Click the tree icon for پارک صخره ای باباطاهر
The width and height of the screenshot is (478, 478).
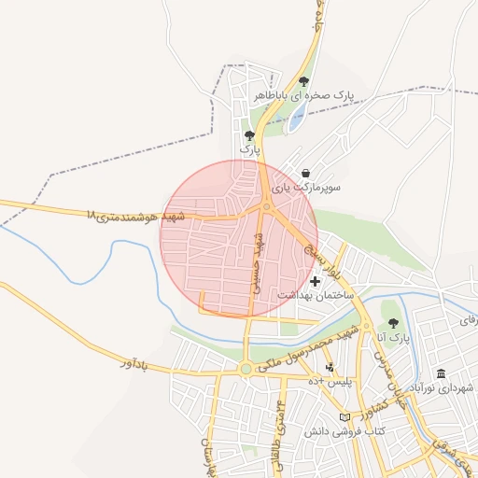point(303,81)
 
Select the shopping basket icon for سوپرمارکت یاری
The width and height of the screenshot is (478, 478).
point(306,173)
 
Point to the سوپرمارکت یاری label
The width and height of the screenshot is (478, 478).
point(306,188)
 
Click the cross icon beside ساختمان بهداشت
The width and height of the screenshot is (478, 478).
point(315,280)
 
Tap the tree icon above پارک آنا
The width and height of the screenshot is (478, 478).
point(393,322)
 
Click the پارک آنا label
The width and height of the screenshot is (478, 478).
point(394,336)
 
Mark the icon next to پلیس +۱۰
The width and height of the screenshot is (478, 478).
point(329,368)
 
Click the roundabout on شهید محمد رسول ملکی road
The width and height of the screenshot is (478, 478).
point(246,370)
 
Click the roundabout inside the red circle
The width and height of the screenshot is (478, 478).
point(267,207)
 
